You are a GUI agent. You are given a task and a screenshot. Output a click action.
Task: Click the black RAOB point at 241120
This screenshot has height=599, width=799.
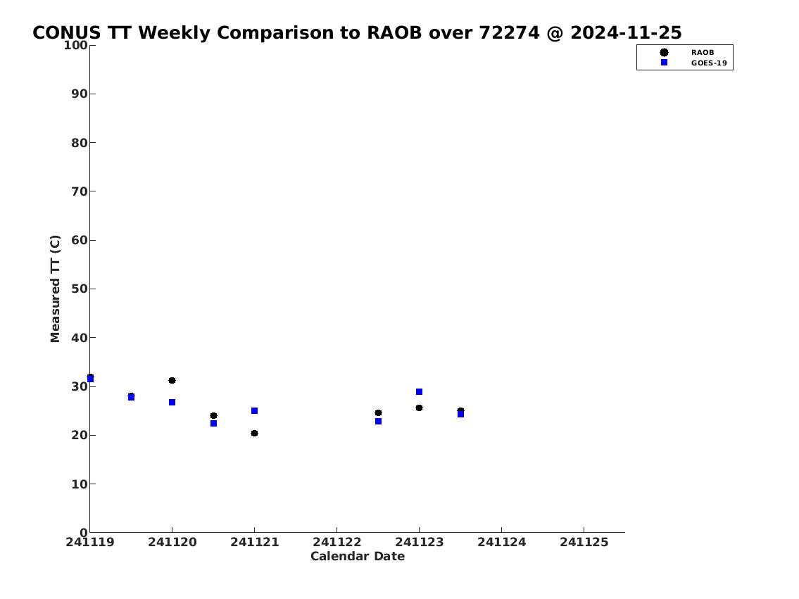(172, 381)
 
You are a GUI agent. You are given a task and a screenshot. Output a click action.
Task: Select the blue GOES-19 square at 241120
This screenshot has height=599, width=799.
(172, 403)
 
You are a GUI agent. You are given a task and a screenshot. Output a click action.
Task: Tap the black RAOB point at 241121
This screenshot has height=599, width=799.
(254, 434)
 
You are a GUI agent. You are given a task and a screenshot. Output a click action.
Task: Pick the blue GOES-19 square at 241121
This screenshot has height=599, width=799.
(254, 410)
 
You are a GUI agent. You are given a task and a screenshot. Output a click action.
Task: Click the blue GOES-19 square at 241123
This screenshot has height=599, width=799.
(419, 391)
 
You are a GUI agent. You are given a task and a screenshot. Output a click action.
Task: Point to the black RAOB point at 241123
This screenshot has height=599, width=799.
(419, 408)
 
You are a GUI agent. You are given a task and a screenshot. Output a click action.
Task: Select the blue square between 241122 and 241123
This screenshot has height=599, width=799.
(378, 421)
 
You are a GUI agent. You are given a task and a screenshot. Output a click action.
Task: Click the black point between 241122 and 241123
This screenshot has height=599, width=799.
(378, 413)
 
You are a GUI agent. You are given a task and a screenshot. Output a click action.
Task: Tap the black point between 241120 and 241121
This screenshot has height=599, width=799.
(213, 415)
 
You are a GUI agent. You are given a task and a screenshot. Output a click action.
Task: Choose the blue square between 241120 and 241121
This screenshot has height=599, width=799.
(213, 423)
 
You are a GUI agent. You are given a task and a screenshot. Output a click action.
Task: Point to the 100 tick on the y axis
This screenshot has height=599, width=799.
(92, 45)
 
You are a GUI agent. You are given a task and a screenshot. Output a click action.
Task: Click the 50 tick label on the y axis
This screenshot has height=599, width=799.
(80, 289)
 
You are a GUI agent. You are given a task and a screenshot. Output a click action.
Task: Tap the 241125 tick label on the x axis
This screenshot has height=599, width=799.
(584, 543)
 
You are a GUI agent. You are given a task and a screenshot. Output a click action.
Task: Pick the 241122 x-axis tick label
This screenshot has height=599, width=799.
(336, 543)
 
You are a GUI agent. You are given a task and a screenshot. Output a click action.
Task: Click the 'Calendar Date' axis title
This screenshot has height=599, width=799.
(358, 556)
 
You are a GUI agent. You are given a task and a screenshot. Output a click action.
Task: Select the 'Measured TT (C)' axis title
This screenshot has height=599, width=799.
(55, 289)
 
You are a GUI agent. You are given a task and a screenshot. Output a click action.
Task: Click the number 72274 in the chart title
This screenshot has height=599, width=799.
(509, 32)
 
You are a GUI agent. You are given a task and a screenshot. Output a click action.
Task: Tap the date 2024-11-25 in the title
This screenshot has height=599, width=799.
(626, 32)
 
